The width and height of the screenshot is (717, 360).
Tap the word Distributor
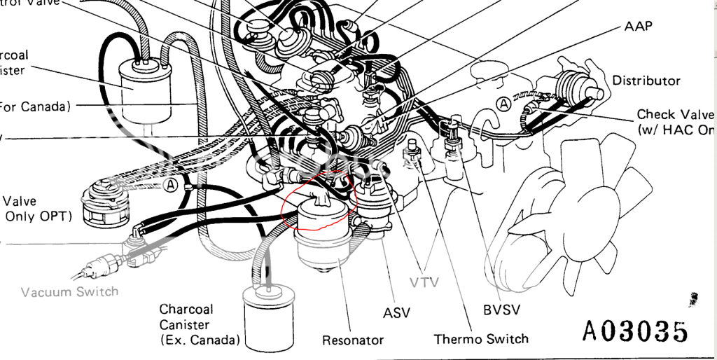tap(646, 81)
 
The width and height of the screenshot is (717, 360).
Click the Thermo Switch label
tap(481, 339)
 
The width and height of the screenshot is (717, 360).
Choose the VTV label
tap(425, 283)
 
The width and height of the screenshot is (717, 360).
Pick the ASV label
tap(397, 312)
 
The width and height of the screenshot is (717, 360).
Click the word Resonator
tap(353, 340)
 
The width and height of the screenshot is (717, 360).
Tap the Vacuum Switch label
tap(69, 291)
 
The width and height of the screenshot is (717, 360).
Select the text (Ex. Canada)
tap(200, 340)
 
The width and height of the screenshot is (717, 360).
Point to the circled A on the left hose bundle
tap(169, 185)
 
